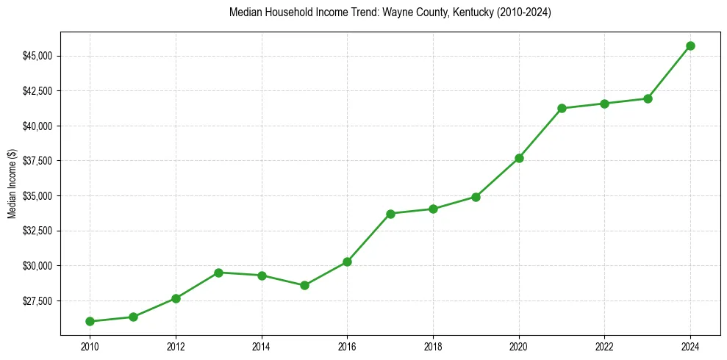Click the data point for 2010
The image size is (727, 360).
(x=90, y=321)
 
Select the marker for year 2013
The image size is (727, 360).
(x=218, y=273)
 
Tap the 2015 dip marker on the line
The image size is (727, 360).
(x=304, y=285)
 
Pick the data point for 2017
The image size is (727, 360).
(x=390, y=214)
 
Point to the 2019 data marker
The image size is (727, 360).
(x=476, y=197)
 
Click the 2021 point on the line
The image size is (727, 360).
(x=562, y=108)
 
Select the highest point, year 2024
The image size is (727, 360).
(x=690, y=46)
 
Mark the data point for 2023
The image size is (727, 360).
(x=648, y=98)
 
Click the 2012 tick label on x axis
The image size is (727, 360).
(x=176, y=346)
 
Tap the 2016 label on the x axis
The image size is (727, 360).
(x=347, y=346)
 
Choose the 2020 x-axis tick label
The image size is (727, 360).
(x=519, y=346)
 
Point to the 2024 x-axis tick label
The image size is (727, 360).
(x=690, y=346)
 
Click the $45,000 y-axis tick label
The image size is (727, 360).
(x=37, y=56)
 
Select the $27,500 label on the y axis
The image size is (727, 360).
(x=37, y=300)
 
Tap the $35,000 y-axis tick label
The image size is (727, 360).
(x=37, y=196)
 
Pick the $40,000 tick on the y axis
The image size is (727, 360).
(x=37, y=126)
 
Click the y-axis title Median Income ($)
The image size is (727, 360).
(x=12, y=184)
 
